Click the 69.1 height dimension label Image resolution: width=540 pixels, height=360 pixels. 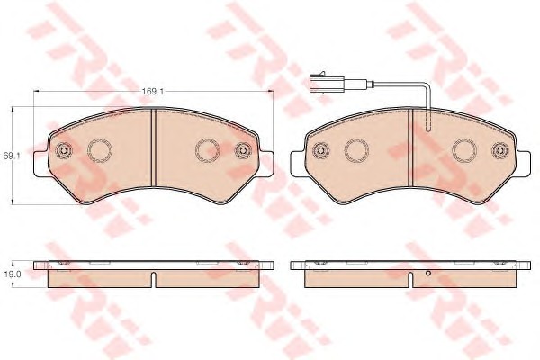click(12, 156)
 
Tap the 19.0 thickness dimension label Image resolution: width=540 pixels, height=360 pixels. click(13, 274)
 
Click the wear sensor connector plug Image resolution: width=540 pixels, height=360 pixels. click(326, 83)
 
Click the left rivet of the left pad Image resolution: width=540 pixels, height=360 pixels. click(63, 150)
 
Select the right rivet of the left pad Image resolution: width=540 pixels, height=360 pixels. click(243, 150)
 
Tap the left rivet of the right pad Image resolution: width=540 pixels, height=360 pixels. click(320, 150)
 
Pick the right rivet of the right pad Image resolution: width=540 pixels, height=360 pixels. click(500, 150)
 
